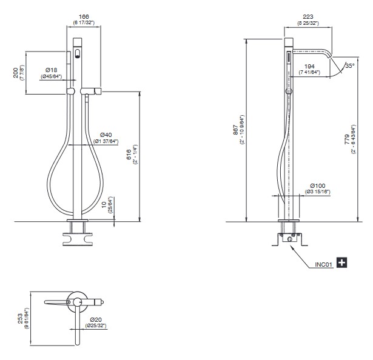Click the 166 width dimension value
[84, 16]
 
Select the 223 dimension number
[308, 16]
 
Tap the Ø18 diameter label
[51, 70]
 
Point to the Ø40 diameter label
[106, 135]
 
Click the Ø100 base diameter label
[318, 185]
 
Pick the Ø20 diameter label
[96, 320]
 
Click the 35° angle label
[350, 65]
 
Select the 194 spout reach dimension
[309, 66]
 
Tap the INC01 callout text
[323, 265]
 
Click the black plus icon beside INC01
[342, 262]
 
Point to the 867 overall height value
[235, 130]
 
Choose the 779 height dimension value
[347, 139]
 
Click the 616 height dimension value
[129, 155]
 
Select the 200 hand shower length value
[16, 73]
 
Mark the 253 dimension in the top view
[21, 319]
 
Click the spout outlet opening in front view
[77, 54]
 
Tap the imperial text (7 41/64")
[309, 72]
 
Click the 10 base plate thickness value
[104, 204]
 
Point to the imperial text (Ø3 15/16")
[318, 192]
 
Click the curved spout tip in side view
[330, 56]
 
